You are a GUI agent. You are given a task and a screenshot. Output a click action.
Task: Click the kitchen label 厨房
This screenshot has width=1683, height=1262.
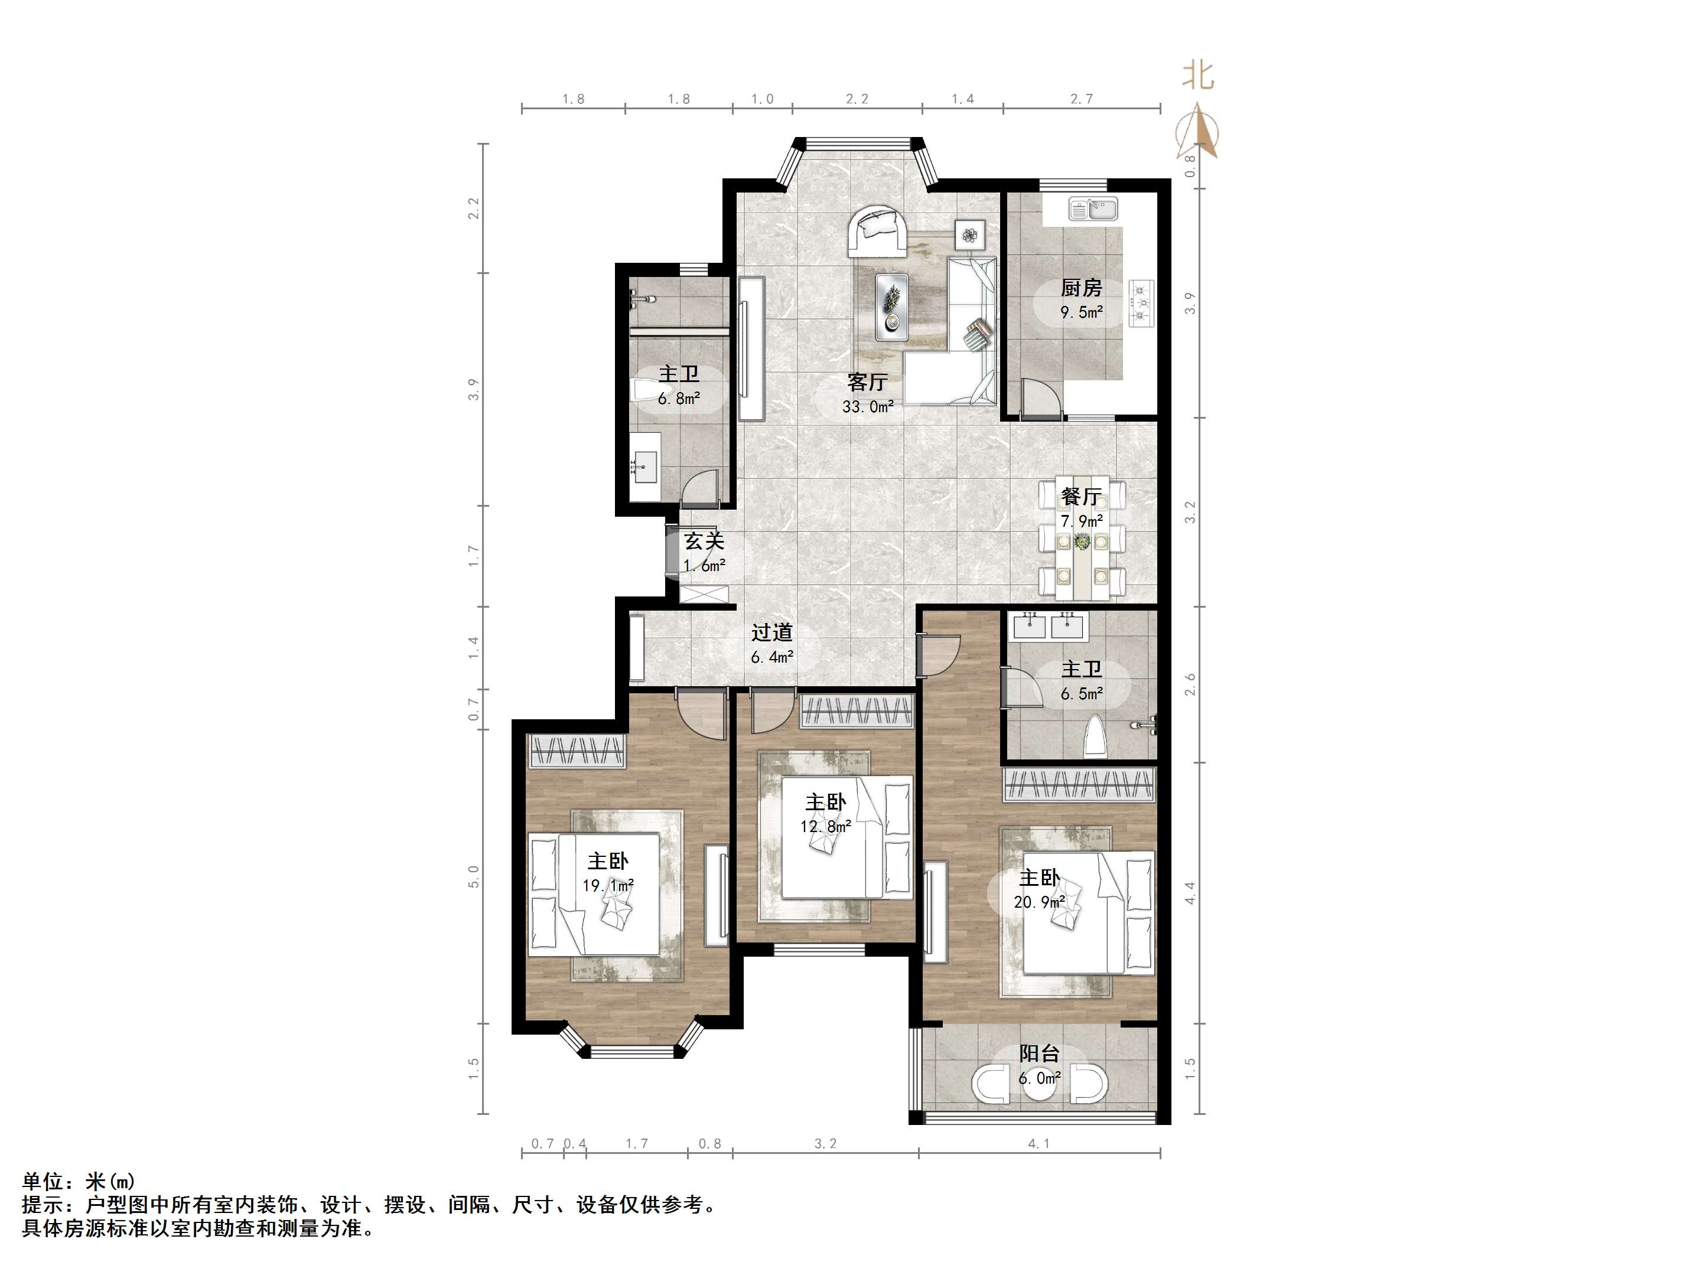click(1081, 288)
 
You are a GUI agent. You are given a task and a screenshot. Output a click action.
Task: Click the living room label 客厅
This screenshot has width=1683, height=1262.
click(867, 382)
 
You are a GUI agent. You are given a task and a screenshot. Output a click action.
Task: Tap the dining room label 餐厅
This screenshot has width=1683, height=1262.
click(1081, 497)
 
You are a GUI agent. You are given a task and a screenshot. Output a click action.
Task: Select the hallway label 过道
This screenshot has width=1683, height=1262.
click(772, 632)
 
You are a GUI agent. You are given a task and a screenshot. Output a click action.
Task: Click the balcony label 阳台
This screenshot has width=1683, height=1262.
click(1039, 1054)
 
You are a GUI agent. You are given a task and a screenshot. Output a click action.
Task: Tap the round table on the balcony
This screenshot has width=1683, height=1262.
click(1039, 1085)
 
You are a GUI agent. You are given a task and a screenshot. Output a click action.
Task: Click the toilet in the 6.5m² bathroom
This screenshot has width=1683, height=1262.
click(1095, 736)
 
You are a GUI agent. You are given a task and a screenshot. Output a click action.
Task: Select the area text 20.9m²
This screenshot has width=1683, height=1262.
click(1039, 902)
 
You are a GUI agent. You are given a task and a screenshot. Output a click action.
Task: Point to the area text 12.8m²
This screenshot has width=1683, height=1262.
click(825, 826)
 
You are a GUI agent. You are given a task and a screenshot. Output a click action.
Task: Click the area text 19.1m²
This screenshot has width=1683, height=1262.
click(608, 885)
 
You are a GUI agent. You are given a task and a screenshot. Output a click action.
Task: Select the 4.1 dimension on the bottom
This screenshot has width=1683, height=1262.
click(1039, 1143)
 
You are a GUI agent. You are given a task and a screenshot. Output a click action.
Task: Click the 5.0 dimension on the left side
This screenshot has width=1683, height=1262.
click(474, 876)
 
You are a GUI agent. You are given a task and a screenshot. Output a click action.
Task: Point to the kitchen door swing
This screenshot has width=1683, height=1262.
click(1039, 396)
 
